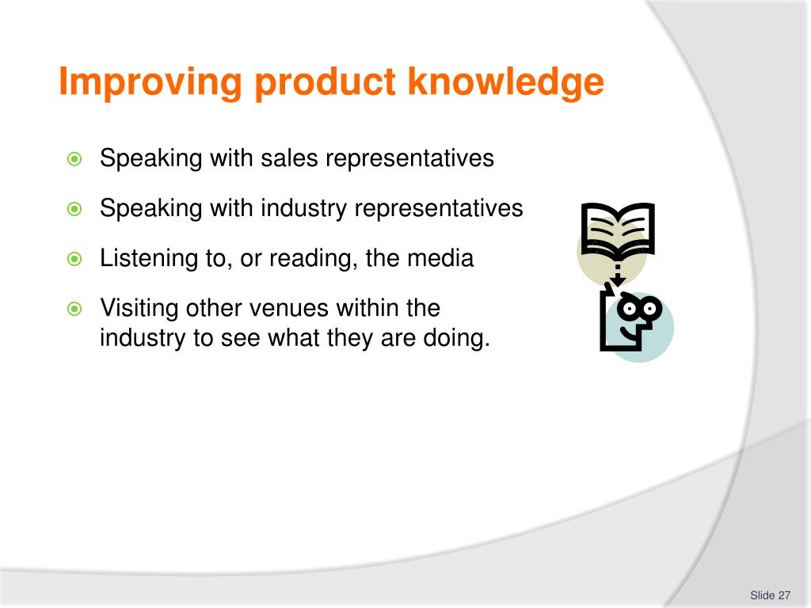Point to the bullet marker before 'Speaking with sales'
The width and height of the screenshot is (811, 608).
click(74, 159)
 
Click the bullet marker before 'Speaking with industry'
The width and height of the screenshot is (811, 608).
click(74, 209)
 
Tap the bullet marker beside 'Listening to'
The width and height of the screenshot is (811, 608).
click(74, 259)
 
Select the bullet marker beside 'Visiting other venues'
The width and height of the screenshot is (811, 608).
click(74, 309)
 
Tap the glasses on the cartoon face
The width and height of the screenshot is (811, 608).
click(640, 306)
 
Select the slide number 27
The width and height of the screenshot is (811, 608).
click(785, 595)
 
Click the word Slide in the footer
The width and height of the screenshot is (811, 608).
click(762, 595)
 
